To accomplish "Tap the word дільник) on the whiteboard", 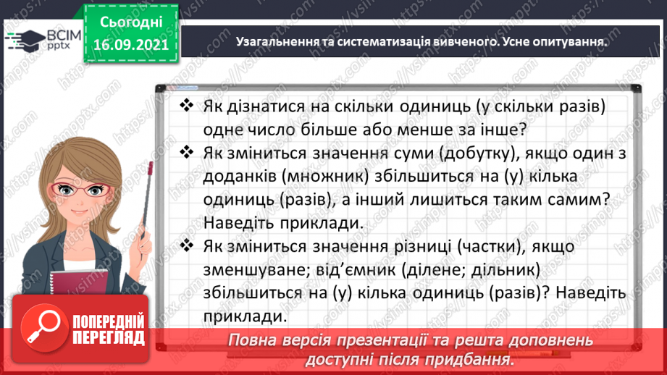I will (503, 271).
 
